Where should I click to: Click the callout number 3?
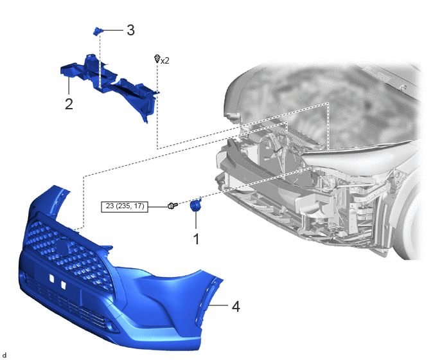pos(130,30)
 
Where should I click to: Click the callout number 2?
pos(69,104)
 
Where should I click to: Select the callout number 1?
pos(196,239)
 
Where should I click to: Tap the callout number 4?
pos(236,307)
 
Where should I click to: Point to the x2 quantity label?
pos(165,60)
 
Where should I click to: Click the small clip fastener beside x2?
pos(157,59)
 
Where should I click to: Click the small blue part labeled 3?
pos(98,31)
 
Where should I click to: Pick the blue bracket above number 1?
pos(195,204)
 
